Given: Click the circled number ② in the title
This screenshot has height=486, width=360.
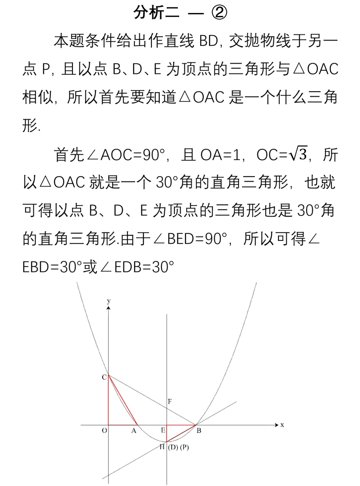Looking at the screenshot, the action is [x=219, y=12].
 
